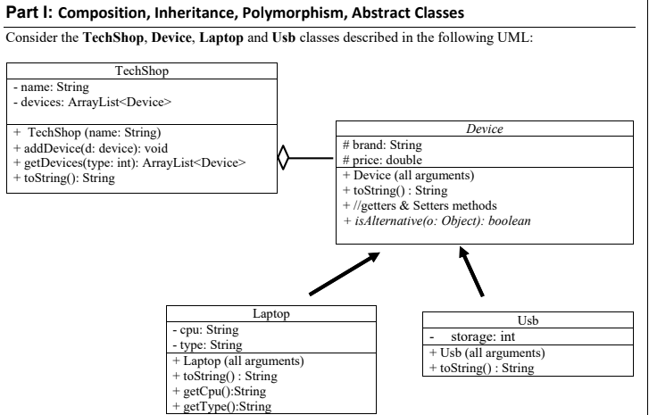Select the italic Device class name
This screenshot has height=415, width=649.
485,129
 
